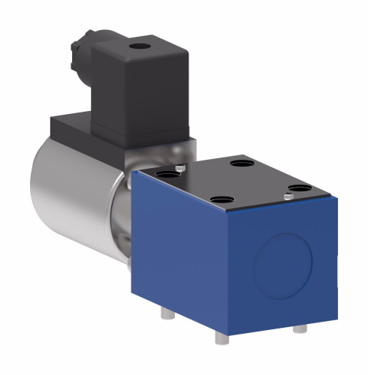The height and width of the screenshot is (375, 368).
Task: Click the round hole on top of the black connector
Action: (x=139, y=50)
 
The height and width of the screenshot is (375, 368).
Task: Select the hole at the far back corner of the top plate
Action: (x=243, y=162)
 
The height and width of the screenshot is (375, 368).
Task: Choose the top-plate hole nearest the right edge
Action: (x=300, y=187)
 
